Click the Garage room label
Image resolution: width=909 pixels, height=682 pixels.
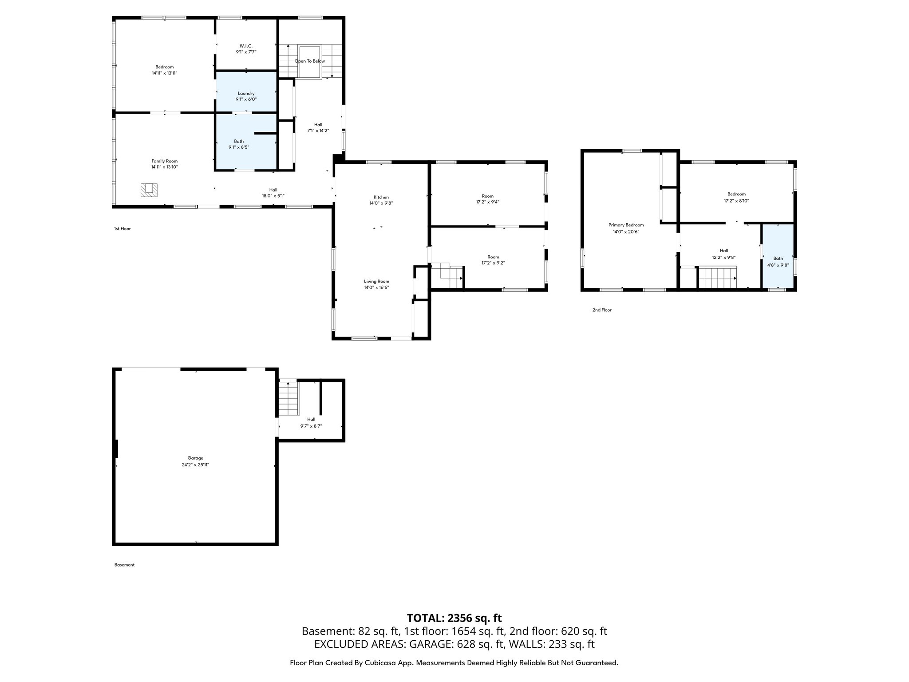(x=195, y=458)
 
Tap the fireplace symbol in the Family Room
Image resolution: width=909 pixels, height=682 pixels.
(x=149, y=190)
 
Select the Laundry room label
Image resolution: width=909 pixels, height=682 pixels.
(x=246, y=93)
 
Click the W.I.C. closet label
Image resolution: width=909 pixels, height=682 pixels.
(x=246, y=46)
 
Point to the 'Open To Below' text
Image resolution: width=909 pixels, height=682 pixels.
(x=310, y=61)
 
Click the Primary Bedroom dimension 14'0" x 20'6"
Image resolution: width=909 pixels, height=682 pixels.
(x=626, y=232)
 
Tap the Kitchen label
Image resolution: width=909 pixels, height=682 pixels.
(x=381, y=197)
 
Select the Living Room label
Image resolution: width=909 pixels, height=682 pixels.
(x=376, y=281)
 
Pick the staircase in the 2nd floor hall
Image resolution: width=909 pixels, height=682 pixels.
(x=717, y=278)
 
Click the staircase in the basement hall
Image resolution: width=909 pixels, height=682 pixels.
(x=288, y=398)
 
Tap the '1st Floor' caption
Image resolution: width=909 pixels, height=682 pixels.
(x=123, y=229)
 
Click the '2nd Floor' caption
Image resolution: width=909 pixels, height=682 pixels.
(x=602, y=310)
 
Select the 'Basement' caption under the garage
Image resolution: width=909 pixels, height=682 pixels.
(x=124, y=565)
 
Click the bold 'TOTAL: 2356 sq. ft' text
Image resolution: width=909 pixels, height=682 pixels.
(x=454, y=618)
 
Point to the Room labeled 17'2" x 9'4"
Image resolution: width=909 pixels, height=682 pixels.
(x=487, y=199)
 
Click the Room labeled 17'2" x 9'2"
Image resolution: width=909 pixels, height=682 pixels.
(x=493, y=260)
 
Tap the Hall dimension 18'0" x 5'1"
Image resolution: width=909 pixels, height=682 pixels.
(x=273, y=196)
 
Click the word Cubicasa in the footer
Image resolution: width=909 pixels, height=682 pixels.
(x=380, y=663)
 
